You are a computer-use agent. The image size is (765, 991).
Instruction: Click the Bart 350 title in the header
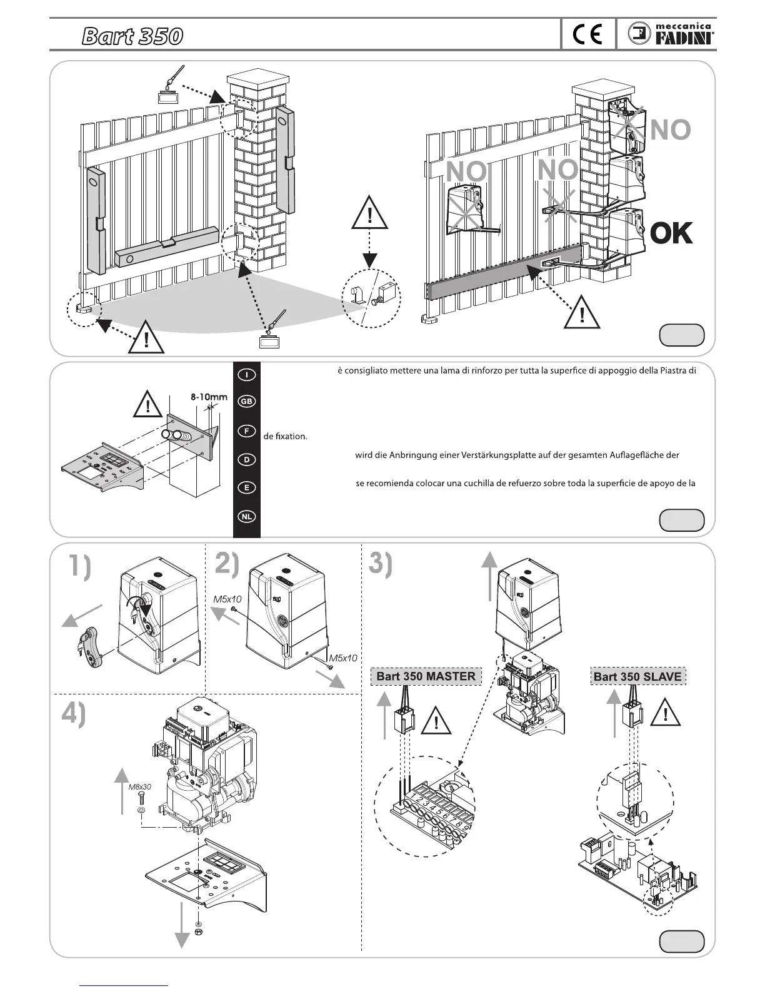click(x=132, y=37)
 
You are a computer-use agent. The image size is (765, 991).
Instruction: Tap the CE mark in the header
click(x=587, y=35)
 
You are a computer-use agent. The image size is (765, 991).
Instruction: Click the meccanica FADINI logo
click(x=672, y=35)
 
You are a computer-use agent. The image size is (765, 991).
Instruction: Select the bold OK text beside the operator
click(x=672, y=233)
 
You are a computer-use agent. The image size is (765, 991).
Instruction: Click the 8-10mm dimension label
click(x=209, y=397)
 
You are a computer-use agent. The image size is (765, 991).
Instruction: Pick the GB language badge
click(x=247, y=402)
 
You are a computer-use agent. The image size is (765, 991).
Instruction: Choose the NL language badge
click(x=247, y=517)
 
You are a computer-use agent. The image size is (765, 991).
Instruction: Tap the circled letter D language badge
click(x=247, y=459)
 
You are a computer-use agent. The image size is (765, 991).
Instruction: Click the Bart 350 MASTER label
click(x=426, y=676)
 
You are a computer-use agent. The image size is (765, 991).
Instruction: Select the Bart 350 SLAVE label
click(x=637, y=676)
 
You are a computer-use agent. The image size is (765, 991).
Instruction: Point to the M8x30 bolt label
click(x=140, y=787)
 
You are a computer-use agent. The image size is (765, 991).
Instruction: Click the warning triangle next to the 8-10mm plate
click(x=148, y=405)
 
